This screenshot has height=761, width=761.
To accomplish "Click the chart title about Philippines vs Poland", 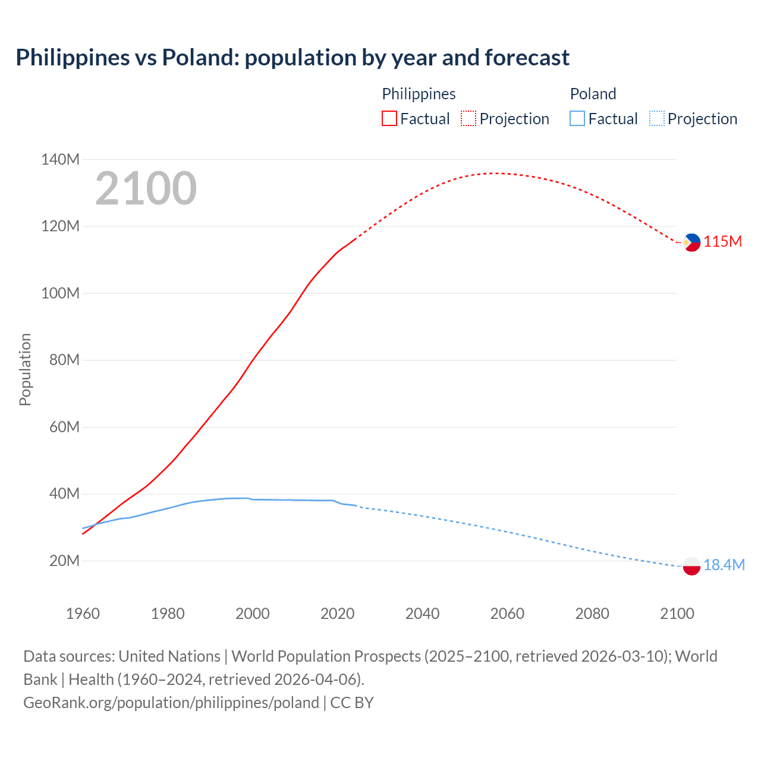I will pos(293,58).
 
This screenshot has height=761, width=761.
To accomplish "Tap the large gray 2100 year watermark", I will pos(146,188).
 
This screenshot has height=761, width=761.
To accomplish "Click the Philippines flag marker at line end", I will pos(691,243).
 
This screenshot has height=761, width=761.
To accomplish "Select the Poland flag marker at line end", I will pos(691,566).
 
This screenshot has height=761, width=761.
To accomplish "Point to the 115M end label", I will pos(722,242).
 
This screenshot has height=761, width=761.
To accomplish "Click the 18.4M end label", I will pos(724,565).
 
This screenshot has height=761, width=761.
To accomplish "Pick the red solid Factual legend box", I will pos(389,119).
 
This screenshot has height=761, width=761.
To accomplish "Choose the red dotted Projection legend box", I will pos(468,119).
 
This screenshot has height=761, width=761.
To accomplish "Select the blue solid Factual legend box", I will pos(577,119).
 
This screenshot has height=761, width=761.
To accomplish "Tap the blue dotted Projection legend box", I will pos(656,119).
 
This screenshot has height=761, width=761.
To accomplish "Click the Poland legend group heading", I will pos(593,94).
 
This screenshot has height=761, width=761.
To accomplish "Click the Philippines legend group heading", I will pos(419,94).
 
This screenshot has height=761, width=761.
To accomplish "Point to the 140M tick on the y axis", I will pos(60,159).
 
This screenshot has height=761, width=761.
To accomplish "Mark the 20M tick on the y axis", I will pos(64,561).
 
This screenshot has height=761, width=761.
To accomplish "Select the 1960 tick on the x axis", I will pos(83,614).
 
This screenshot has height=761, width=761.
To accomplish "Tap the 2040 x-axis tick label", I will pos(422,614).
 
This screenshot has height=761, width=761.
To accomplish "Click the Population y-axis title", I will pos(25,369).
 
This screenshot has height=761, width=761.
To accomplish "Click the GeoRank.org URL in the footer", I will pos(171,703).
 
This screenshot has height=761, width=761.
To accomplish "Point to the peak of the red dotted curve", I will pos(493,173).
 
